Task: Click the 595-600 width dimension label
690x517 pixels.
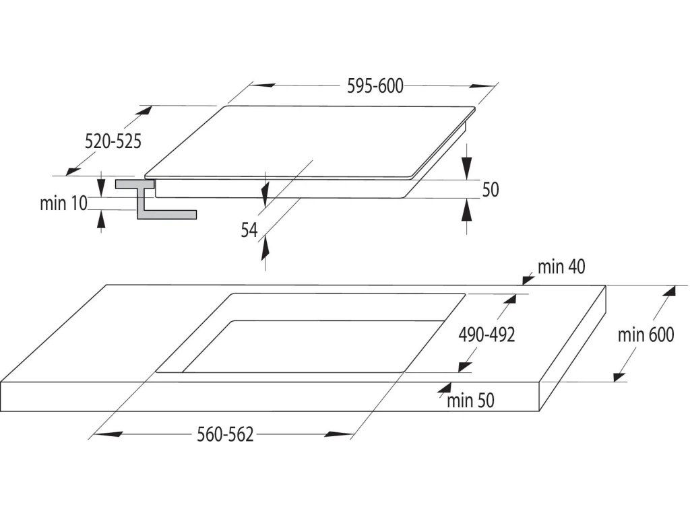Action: click(375, 86)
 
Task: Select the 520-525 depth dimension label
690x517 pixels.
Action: click(113, 141)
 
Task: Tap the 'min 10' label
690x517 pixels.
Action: click(63, 203)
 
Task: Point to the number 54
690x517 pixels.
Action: click(249, 230)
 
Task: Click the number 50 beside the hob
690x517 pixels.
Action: click(490, 190)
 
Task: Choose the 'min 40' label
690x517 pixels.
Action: click(561, 267)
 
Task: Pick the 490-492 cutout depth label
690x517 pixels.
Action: click(487, 334)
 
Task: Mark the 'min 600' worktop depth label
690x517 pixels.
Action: click(646, 335)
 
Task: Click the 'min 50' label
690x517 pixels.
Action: click(470, 401)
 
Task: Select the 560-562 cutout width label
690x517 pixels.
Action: click(225, 435)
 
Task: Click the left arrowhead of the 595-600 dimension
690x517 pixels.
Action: click(263, 85)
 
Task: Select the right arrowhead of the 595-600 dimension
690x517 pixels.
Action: click(482, 85)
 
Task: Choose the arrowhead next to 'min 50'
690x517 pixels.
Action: click(443, 388)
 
